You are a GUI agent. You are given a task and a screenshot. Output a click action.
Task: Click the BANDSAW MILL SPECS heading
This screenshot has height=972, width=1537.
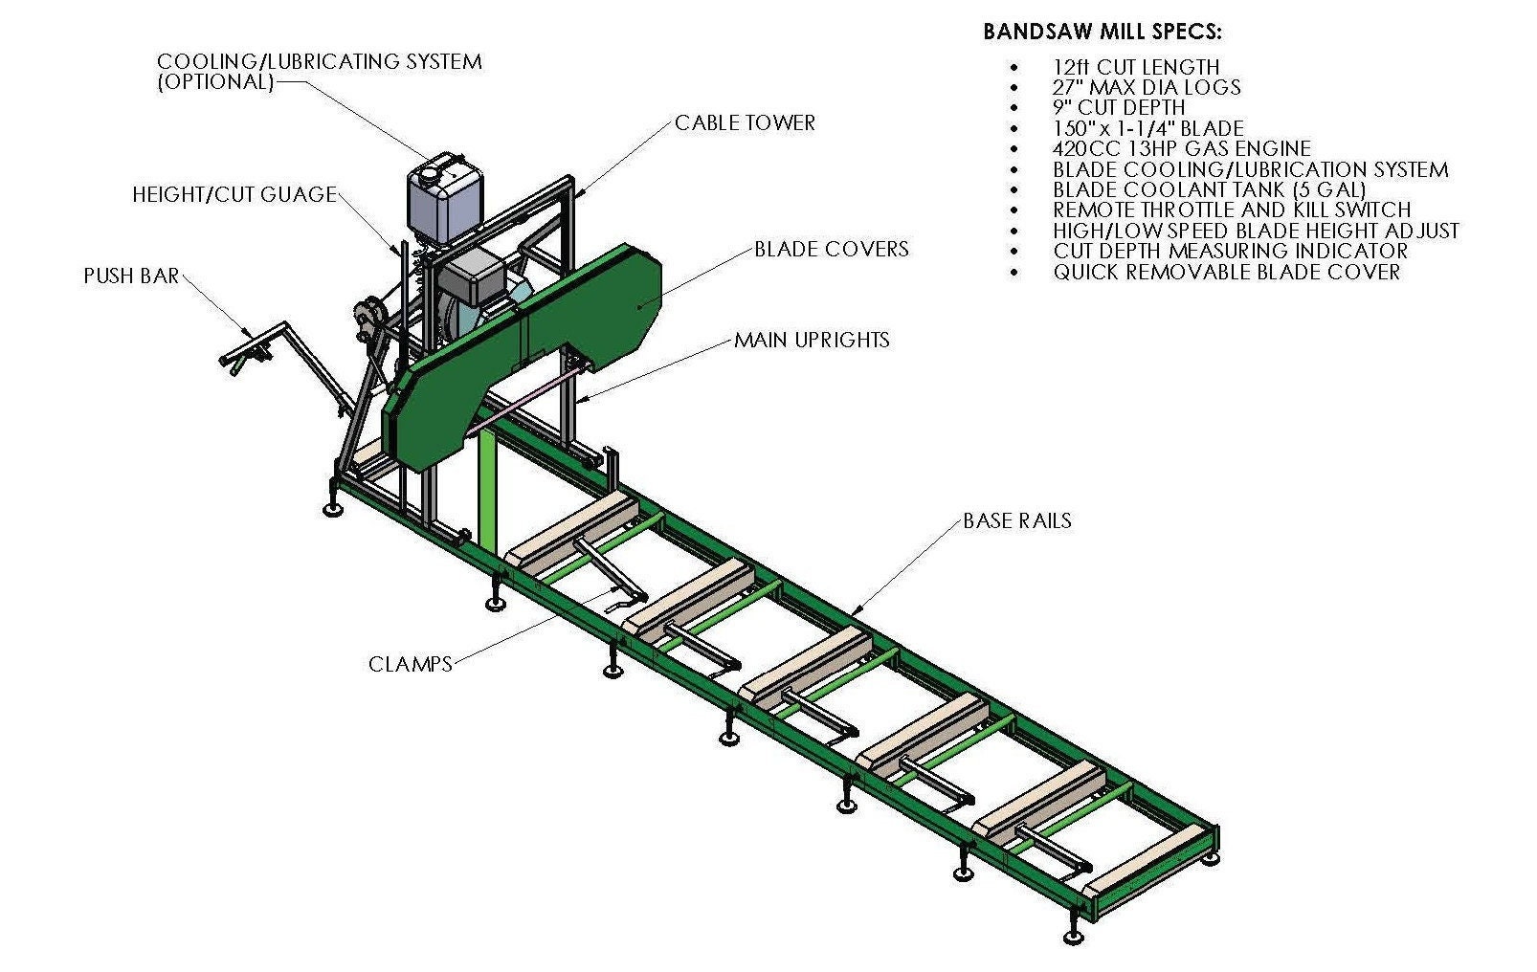[1102, 32]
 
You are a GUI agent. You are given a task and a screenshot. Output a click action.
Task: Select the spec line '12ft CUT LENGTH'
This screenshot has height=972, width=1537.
[1136, 67]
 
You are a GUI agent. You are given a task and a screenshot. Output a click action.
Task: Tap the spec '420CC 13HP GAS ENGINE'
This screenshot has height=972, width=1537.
[1182, 148]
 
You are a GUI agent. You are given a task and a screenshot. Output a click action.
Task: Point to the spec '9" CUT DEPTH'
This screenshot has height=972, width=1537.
[1119, 108]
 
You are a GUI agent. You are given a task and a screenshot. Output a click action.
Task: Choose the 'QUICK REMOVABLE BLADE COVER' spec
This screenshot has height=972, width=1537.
[1227, 272]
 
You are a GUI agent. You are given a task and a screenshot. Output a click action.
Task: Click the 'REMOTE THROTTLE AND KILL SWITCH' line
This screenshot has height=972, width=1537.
[1232, 210]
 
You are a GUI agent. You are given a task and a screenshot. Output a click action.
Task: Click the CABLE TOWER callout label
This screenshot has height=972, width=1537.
[746, 122]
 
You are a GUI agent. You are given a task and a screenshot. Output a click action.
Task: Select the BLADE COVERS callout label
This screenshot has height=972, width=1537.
[832, 249]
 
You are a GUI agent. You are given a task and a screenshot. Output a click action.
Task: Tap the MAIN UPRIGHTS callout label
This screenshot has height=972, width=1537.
[812, 340]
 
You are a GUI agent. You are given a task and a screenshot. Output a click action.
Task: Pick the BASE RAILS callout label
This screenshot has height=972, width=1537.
[1017, 520]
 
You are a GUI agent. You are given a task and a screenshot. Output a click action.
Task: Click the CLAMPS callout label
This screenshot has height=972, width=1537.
[411, 664]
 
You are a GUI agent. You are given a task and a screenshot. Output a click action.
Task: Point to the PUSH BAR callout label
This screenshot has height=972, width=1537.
[131, 276]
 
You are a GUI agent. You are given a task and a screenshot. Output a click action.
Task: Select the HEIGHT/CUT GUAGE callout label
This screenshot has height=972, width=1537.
[234, 195]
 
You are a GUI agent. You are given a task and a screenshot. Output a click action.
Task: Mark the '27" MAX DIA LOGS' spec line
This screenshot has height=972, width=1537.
[1147, 87]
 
